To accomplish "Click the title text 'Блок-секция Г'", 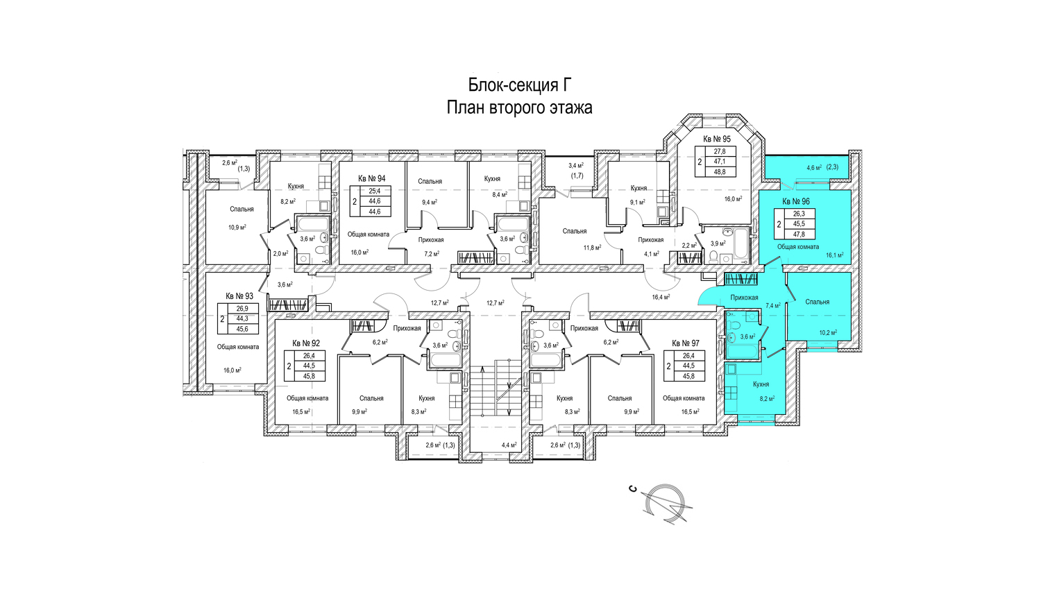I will point(520,85).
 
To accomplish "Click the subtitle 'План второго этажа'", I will point(520,108).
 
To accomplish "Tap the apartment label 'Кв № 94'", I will point(372,179).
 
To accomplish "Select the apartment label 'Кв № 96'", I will point(796,202).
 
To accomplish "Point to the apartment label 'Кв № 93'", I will point(239,296).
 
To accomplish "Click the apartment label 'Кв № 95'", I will point(717,139).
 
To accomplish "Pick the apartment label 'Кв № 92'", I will point(306,343).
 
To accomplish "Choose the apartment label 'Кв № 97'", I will point(686,343).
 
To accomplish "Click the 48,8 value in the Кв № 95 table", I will point(720,172).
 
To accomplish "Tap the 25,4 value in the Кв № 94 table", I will point(375,191).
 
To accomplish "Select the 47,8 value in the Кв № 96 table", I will point(799,234).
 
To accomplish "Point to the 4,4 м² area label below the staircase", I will point(509,445).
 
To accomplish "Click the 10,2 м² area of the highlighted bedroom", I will point(828,333).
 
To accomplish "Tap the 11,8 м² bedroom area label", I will point(592,247).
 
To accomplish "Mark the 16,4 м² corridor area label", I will point(661,298).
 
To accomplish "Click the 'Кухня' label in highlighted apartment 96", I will point(761,384).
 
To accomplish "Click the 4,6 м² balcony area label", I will point(814,167).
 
